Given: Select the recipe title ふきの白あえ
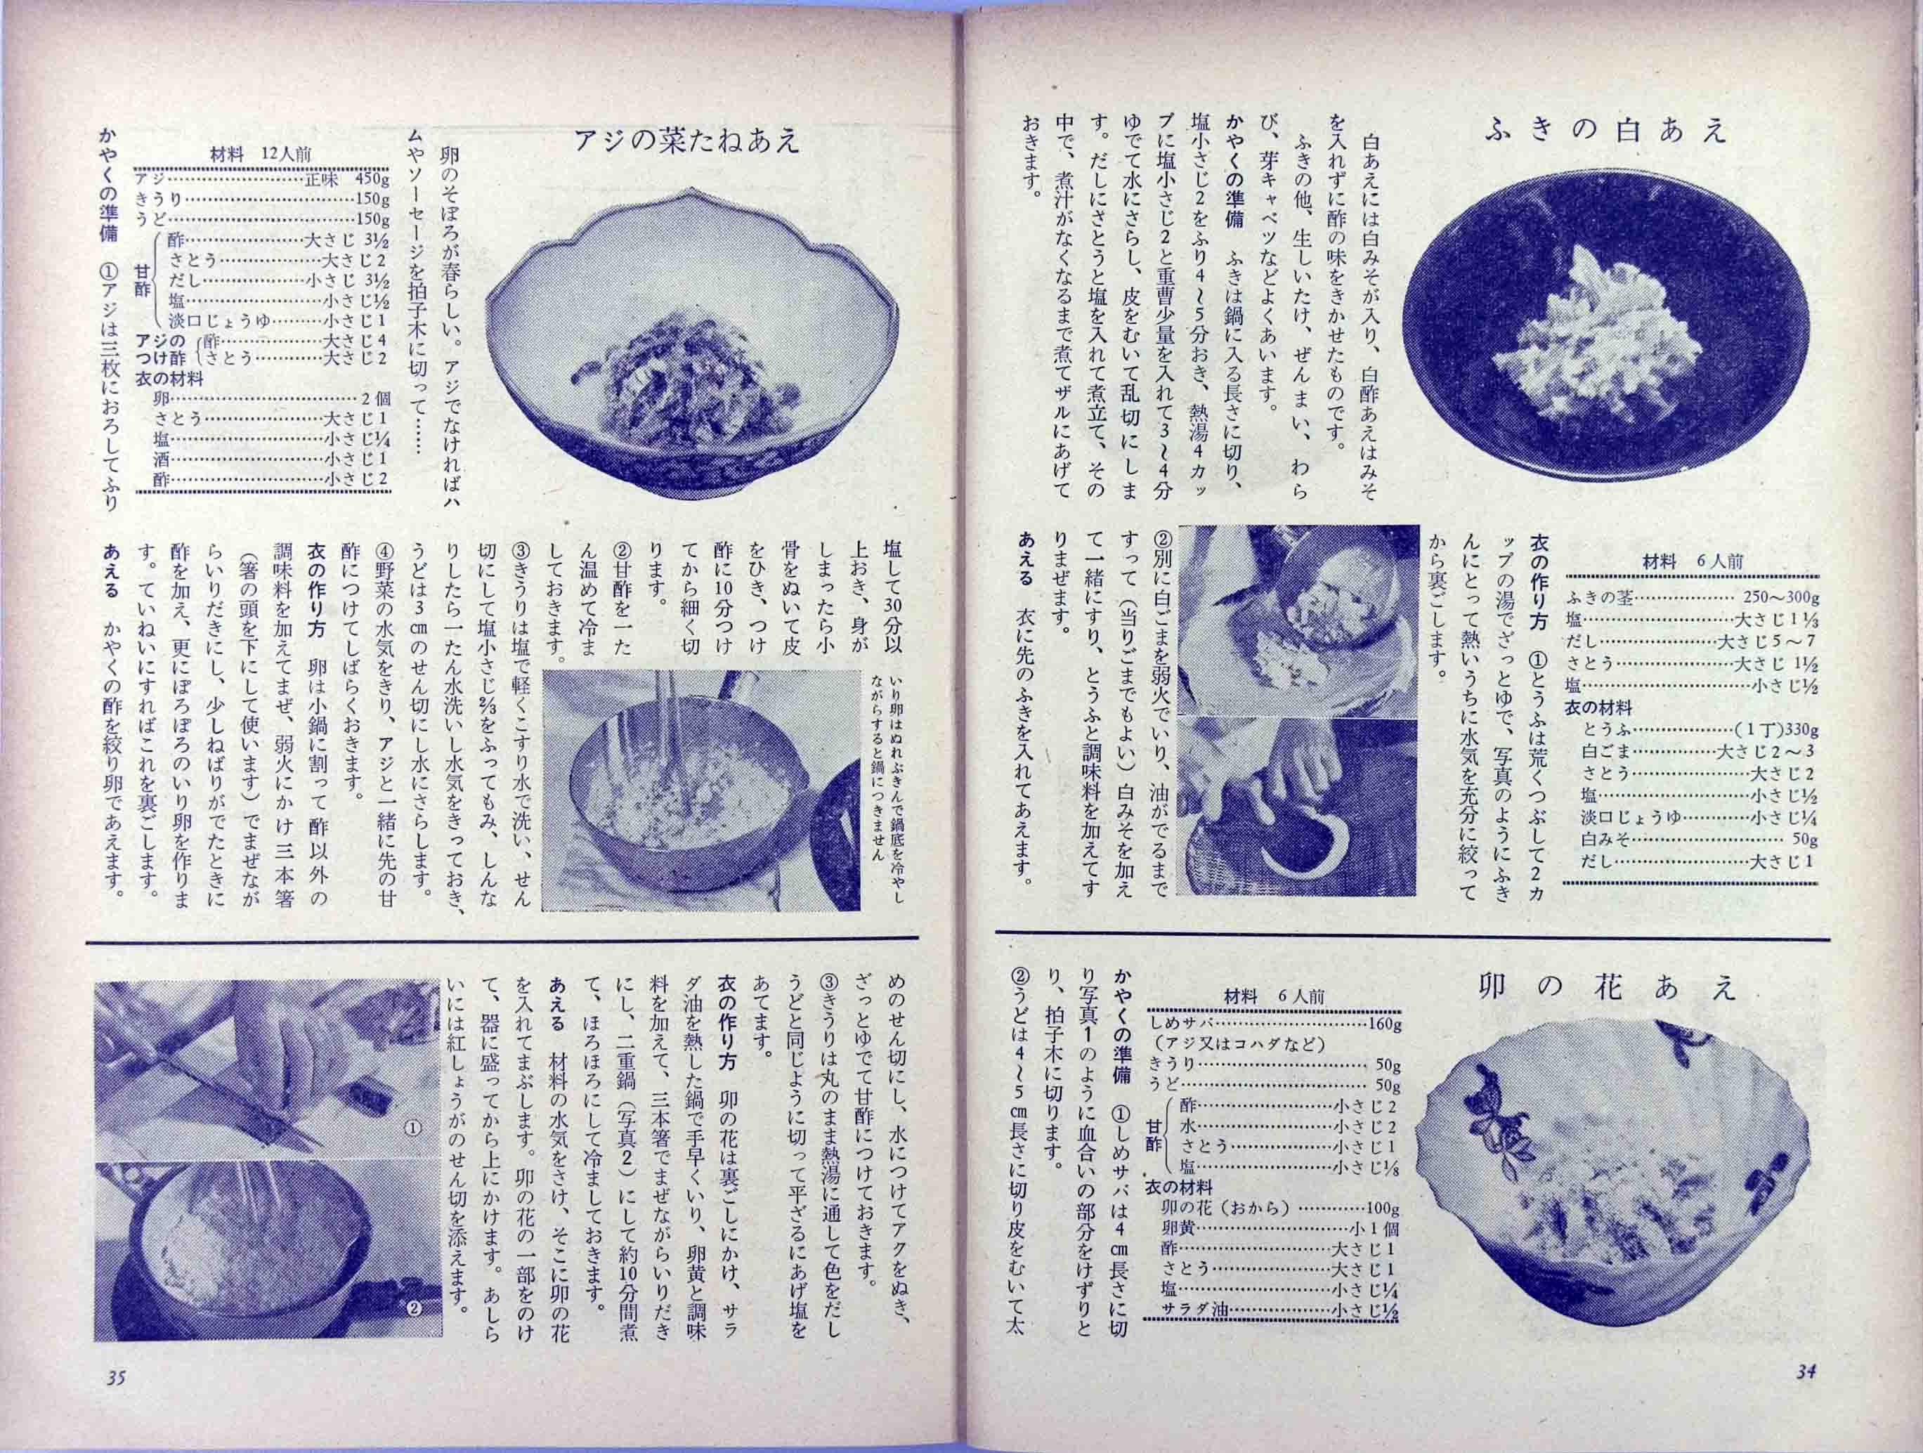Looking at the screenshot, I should click(1605, 131).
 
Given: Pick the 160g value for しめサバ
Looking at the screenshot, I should click(1381, 1024).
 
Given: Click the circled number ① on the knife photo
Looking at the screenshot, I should click(413, 1127).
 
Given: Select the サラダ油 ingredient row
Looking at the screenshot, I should click(1274, 1336).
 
